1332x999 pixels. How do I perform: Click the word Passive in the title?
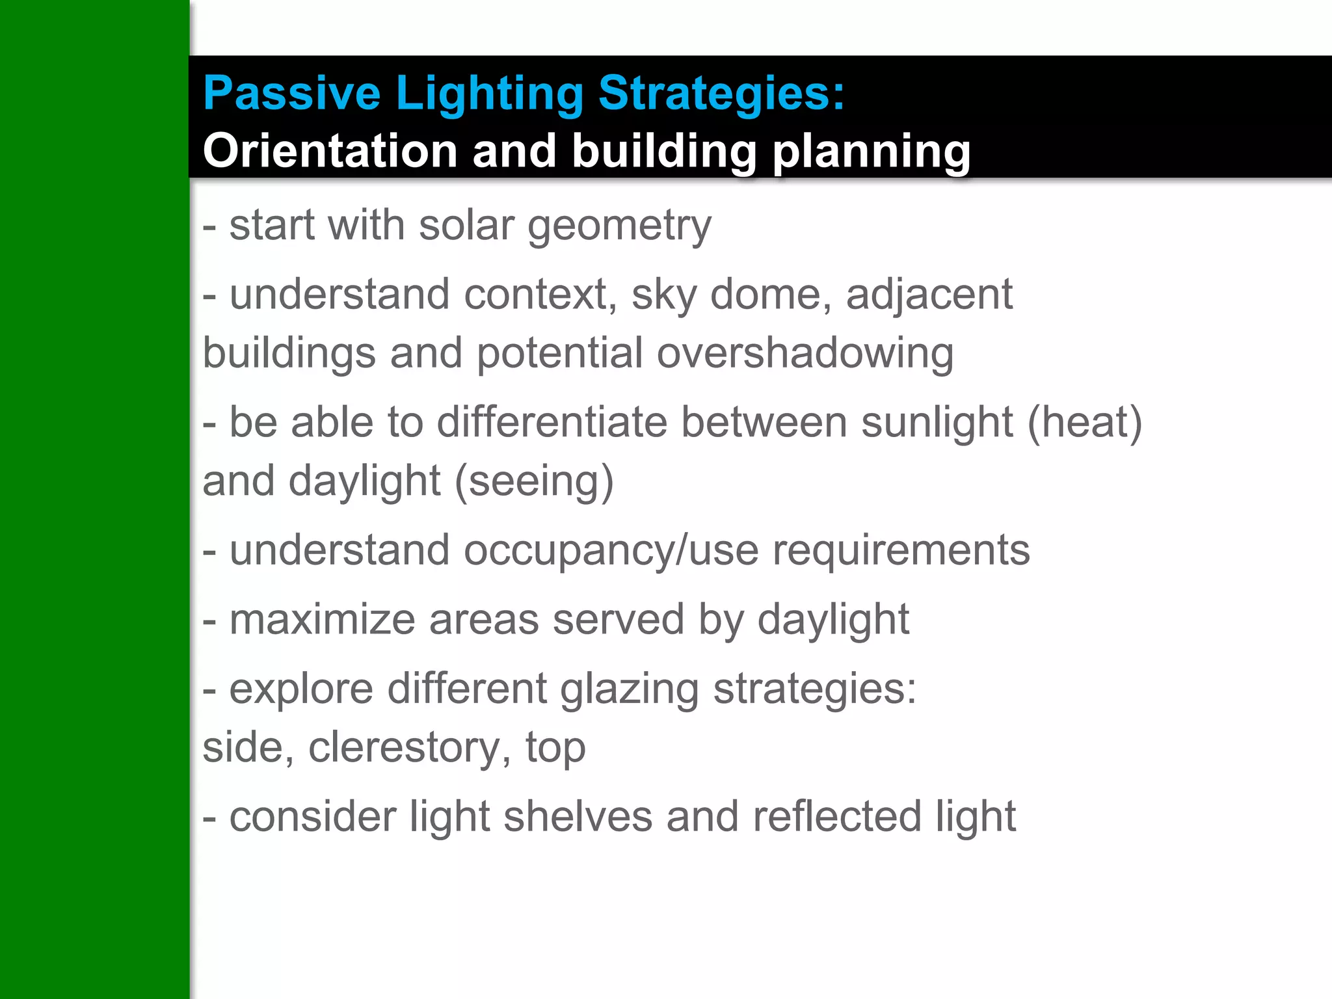[x=291, y=93]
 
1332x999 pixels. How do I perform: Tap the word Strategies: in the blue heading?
[x=721, y=93]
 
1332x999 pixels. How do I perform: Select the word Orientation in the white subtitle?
[x=330, y=151]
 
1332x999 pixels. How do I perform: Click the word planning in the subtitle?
[x=872, y=151]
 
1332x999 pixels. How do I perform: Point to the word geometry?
[x=619, y=226]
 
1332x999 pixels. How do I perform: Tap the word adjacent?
[x=929, y=294]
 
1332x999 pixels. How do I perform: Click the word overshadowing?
[x=805, y=353]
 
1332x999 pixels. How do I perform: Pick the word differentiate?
[x=552, y=422]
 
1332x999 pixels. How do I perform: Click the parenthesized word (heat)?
[x=1084, y=422]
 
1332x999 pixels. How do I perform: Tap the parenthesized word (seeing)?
[x=534, y=481]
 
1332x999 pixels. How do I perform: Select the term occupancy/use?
[x=611, y=550]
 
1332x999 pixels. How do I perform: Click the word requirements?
[x=901, y=550]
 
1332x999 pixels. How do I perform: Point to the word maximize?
[x=322, y=619]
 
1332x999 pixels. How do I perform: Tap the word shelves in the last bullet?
[x=578, y=816]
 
